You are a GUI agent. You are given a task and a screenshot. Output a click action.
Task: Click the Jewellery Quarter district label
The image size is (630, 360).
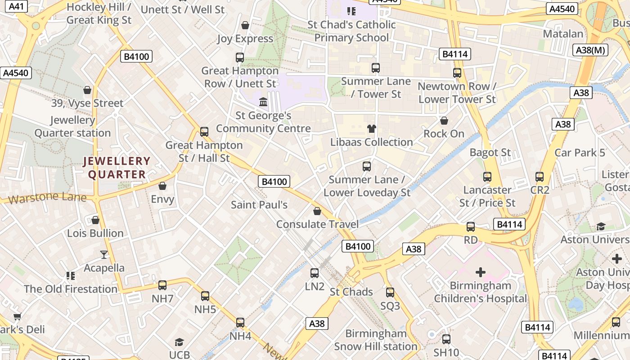[117, 167]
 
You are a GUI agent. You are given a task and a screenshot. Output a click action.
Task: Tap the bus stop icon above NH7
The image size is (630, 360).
[162, 285]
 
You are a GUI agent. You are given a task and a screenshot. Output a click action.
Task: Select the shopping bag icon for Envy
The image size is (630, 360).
[162, 186]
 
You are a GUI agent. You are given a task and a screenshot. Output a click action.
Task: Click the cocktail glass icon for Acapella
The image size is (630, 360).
[104, 254]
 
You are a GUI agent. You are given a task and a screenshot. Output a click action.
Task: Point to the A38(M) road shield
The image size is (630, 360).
[591, 50]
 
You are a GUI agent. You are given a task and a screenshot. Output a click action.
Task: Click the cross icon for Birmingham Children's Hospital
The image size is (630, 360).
[481, 272]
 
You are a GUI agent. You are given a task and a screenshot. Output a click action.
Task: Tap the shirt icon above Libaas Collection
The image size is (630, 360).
[371, 129]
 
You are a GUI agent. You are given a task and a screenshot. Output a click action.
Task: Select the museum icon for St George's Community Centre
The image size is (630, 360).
[263, 102]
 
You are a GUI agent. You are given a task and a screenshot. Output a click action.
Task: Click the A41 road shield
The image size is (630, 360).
[16, 6]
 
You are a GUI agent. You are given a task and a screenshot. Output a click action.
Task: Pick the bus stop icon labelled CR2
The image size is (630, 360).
[540, 177]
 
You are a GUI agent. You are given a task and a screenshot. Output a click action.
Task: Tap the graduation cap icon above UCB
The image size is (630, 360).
[179, 342]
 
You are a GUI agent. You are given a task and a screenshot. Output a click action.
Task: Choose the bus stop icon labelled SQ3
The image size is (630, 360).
[390, 292]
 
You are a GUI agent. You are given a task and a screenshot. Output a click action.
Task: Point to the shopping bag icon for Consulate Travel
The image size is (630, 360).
[317, 211]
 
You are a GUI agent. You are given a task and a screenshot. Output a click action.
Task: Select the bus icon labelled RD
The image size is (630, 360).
[470, 227]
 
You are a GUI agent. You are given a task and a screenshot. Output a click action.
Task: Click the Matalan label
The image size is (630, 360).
[563, 34]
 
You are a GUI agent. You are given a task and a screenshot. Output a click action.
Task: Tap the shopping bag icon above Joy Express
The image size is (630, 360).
[245, 25]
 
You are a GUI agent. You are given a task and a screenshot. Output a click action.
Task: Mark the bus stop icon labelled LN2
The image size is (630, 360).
[315, 273]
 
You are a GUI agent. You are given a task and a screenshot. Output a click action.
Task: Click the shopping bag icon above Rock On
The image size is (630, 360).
[444, 121]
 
